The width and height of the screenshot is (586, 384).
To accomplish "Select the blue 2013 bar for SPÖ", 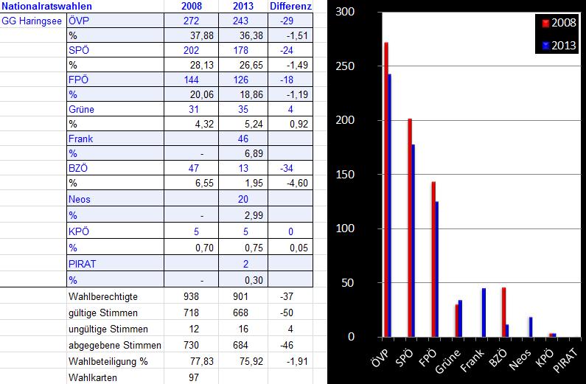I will pos(414,240).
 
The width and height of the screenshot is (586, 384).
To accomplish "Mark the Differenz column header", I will pos(290,7).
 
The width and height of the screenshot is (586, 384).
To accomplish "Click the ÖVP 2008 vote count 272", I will pos(191,21).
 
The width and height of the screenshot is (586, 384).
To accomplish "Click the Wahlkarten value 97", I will pos(191,377).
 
